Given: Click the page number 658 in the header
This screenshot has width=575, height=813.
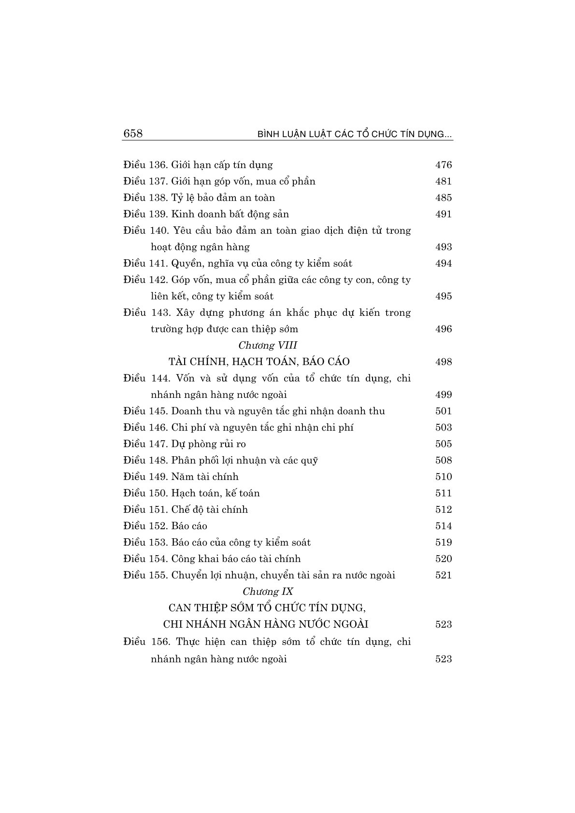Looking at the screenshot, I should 133,134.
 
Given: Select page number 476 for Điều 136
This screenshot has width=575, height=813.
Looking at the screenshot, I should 443,165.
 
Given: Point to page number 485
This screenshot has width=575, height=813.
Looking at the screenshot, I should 443,198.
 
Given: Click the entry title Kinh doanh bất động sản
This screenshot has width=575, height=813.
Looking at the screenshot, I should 230,214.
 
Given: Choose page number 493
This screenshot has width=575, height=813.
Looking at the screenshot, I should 443,247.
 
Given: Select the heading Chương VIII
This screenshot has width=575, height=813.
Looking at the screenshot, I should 268,345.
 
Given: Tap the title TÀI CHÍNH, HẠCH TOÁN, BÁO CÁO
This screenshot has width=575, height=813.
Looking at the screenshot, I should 259,362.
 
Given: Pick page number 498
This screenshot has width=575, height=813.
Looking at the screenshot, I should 443,362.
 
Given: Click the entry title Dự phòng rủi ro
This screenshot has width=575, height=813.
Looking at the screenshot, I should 209,444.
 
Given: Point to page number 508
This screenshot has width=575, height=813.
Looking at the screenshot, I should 443,461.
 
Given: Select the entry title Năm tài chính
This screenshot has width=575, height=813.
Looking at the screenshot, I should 205,477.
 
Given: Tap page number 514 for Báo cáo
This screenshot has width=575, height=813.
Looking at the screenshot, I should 443,526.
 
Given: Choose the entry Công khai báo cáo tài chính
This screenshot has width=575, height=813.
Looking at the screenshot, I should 236,559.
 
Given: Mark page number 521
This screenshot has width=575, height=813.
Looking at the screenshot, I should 443,575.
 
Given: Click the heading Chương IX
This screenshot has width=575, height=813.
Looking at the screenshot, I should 268,591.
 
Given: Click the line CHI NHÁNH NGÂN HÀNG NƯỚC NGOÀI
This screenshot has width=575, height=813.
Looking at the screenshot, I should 266,624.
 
